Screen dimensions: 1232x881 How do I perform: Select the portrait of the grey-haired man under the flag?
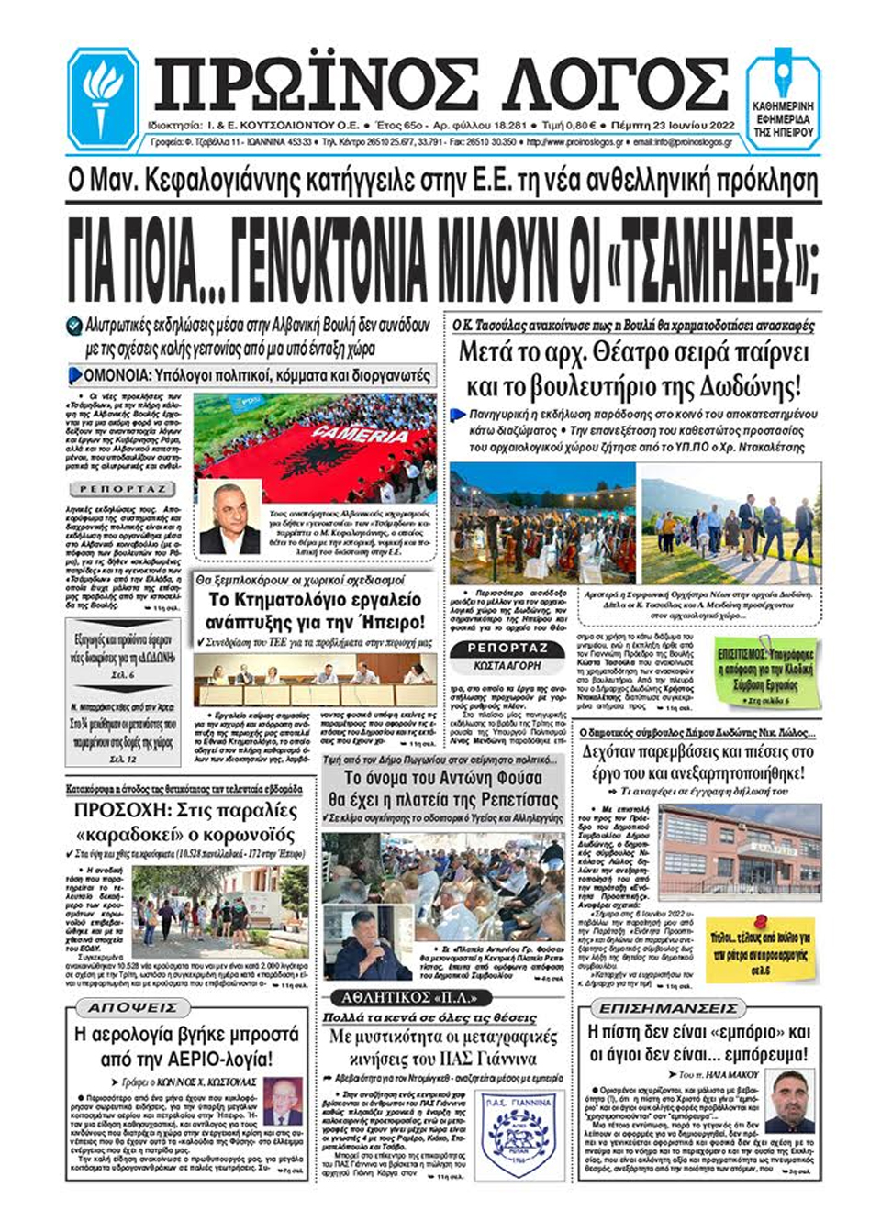tap(229, 518)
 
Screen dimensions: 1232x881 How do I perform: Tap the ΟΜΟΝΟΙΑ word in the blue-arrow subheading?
tap(118, 376)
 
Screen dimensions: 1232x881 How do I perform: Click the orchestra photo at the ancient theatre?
tap(541, 522)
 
